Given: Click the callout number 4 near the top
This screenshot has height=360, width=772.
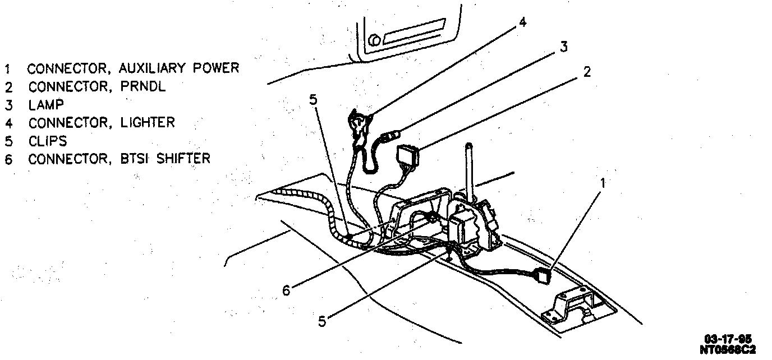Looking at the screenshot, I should tap(522, 23).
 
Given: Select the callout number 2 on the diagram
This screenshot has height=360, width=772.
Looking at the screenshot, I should tap(586, 72).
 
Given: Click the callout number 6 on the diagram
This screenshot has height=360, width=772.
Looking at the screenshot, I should tap(286, 291).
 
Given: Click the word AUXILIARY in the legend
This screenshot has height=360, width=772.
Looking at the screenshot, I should tap(146, 68).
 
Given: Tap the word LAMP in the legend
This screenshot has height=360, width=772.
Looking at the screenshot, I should tap(46, 105).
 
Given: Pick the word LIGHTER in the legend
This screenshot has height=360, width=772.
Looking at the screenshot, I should tap(148, 122).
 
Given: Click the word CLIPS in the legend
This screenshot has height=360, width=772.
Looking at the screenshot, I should tap(48, 141).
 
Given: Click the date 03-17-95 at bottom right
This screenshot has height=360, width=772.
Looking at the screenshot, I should tap(728, 339).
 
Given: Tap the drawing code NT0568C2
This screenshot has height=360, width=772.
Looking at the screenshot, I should tap(728, 349).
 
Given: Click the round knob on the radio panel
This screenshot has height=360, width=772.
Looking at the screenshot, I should tap(376, 40).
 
